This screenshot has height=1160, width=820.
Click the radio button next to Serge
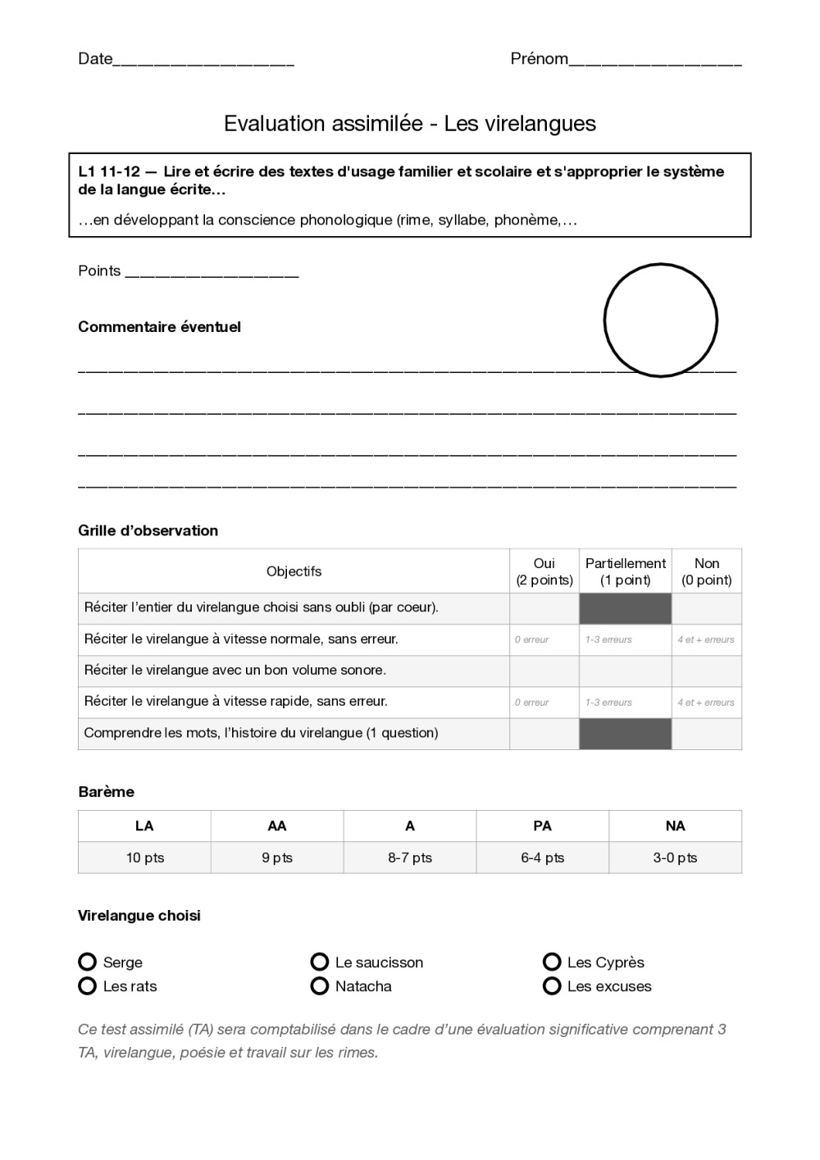pos(88,962)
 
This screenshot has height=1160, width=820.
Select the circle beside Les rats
pos(88,985)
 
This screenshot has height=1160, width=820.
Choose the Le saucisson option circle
pos(320,962)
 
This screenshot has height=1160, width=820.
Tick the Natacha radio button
pos(320,985)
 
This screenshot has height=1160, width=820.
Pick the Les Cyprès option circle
pos(552,962)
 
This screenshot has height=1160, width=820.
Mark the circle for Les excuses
pos(552,985)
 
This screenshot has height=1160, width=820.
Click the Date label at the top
pos(94,59)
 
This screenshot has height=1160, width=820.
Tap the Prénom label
pos(539,59)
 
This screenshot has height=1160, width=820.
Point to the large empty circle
pos(660,321)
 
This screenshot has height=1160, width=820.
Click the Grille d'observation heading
pos(148,530)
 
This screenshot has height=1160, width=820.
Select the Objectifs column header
pos(294,571)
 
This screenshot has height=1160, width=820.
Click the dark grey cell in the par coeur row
pos(625,608)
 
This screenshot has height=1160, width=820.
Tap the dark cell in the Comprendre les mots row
pos(625,734)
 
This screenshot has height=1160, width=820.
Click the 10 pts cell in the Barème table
pos(144,857)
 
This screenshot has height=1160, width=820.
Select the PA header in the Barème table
pos(542,826)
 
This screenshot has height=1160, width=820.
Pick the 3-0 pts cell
pos(675,857)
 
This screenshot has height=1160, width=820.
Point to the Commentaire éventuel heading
pos(159,327)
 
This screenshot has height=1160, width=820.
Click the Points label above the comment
pos(99,271)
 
